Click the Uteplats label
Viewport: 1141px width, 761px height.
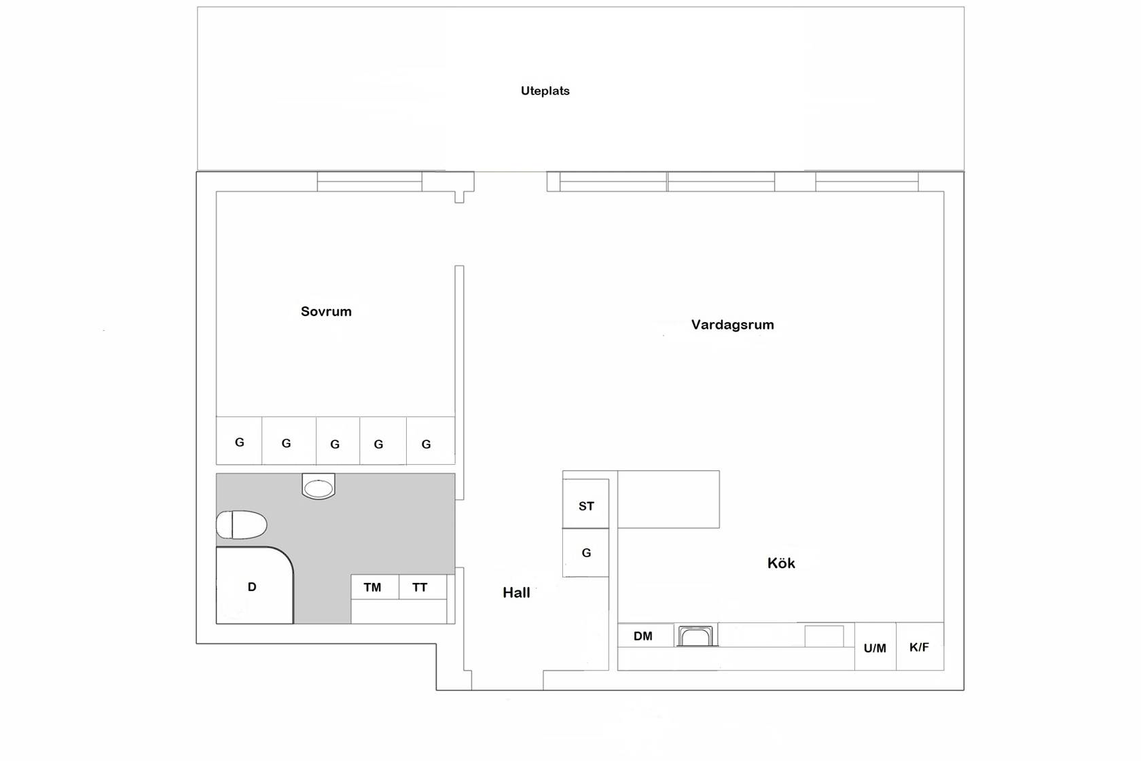pos(545,91)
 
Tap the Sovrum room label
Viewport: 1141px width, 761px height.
pos(326,311)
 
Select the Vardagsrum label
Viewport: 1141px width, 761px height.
pos(732,325)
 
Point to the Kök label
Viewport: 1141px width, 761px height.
pos(781,563)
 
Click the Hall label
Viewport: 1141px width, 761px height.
pos(516,592)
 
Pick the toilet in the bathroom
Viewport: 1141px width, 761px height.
pos(242,525)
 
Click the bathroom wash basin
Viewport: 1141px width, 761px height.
pos(319,486)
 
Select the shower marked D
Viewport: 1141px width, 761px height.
pos(255,585)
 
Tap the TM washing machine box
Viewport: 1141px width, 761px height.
pos(374,587)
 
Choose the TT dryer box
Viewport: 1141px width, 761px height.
pos(422,587)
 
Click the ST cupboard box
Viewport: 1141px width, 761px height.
pos(585,503)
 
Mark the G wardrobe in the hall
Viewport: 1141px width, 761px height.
pos(585,552)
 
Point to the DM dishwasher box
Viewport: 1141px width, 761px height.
pos(645,635)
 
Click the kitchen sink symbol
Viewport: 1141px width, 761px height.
pos(695,636)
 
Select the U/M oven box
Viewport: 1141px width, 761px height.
pos(875,646)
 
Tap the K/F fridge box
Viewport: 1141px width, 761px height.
pos(920,646)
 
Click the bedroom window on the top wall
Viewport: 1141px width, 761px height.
pos(369,181)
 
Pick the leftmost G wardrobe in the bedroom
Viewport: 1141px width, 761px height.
pos(239,441)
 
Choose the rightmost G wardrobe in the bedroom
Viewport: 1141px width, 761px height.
pos(431,441)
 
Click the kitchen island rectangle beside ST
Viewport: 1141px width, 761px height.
pos(668,499)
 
